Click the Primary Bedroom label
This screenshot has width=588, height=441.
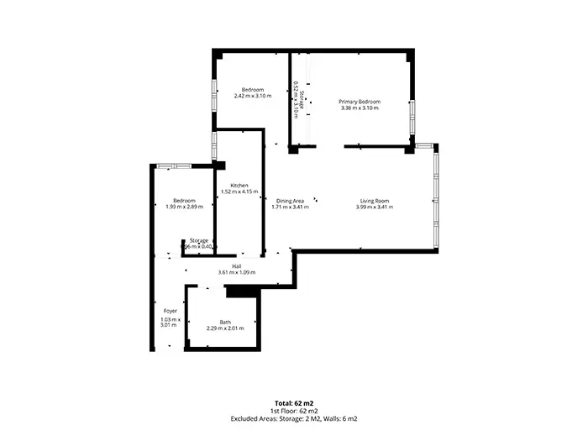[360, 102]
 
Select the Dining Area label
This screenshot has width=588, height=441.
[290, 201]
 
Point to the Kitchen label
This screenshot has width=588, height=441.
[239, 185]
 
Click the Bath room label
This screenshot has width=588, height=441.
[225, 322]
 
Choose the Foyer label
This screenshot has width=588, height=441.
[170, 311]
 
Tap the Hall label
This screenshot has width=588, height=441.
[236, 266]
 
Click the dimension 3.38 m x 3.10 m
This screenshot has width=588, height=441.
[360, 108]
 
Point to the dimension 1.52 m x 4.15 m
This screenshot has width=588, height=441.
[239, 192]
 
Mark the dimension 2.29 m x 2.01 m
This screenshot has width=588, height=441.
[225, 328]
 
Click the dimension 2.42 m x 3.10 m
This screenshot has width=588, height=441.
[253, 96]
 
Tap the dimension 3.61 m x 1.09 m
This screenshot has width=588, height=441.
[236, 273]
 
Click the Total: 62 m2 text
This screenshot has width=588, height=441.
[294, 403]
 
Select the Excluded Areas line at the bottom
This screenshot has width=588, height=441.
[294, 418]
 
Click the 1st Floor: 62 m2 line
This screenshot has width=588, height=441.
[294, 411]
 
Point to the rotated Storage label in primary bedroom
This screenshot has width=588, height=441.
[300, 100]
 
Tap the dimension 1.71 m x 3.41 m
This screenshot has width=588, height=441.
[290, 207]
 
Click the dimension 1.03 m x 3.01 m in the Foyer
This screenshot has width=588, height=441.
[170, 323]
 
